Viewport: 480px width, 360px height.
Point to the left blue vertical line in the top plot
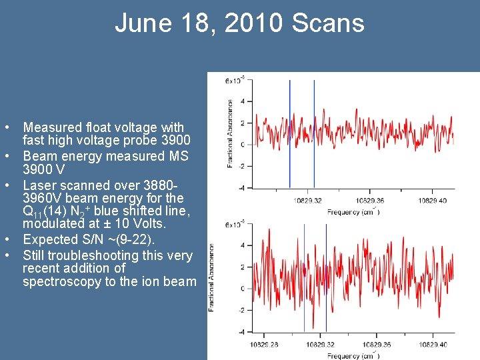point(290,133)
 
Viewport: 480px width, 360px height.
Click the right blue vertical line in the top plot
point(314,133)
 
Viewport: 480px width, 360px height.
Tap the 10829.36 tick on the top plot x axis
point(371,200)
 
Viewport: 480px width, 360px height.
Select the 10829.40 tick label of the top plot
point(433,200)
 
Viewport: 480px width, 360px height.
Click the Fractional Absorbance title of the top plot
point(231,133)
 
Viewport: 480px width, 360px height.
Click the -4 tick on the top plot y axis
point(242,187)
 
